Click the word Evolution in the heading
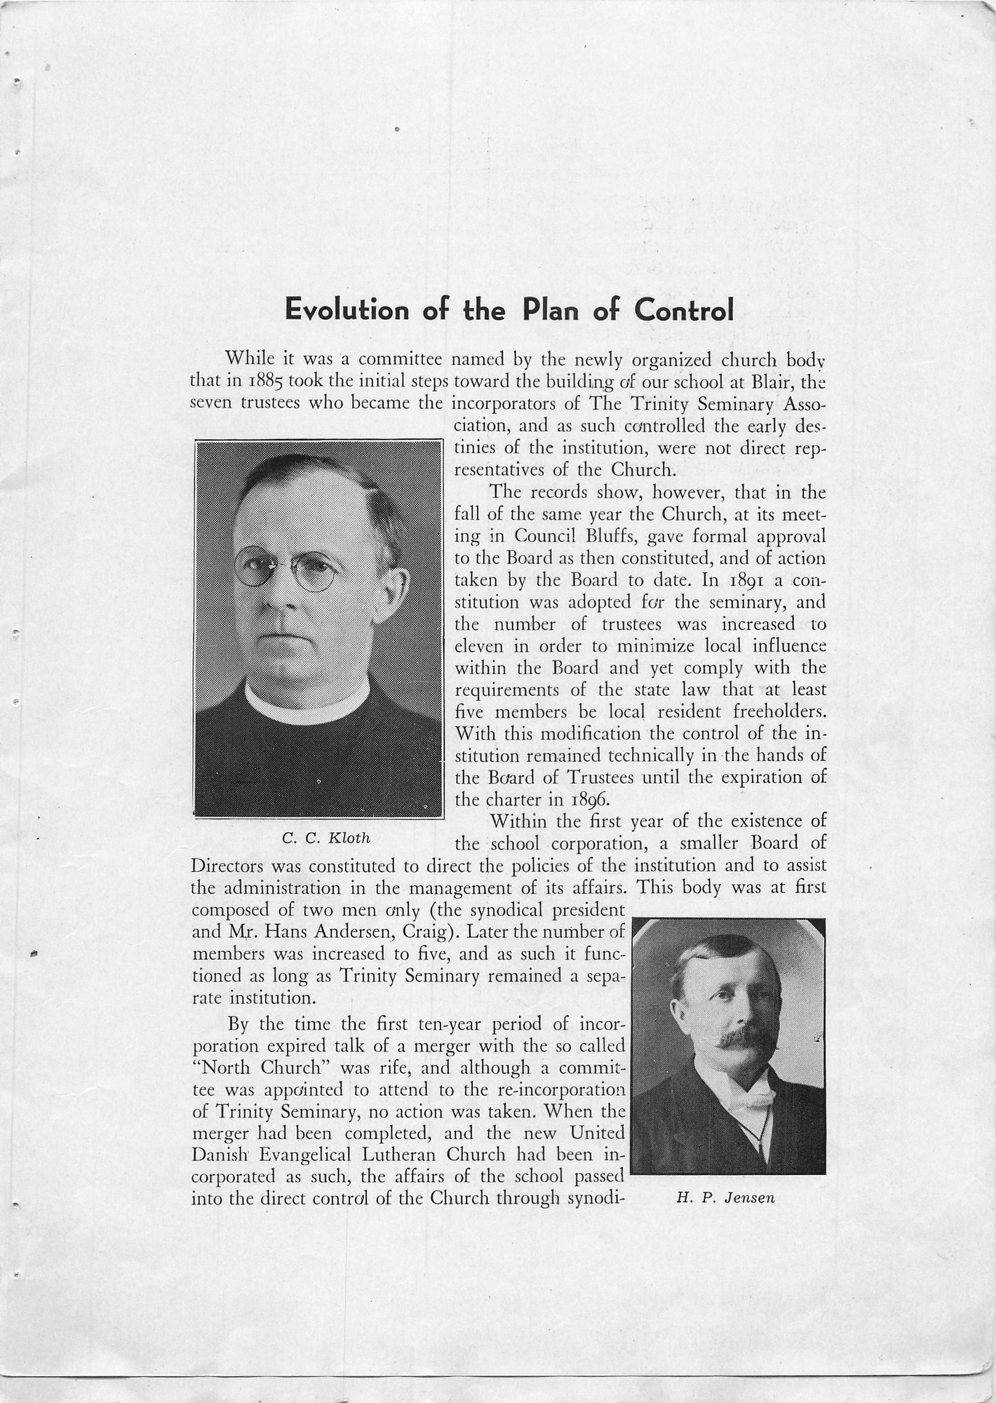click(x=346, y=309)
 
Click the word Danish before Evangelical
click(x=219, y=1155)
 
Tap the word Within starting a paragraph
click(x=519, y=821)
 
